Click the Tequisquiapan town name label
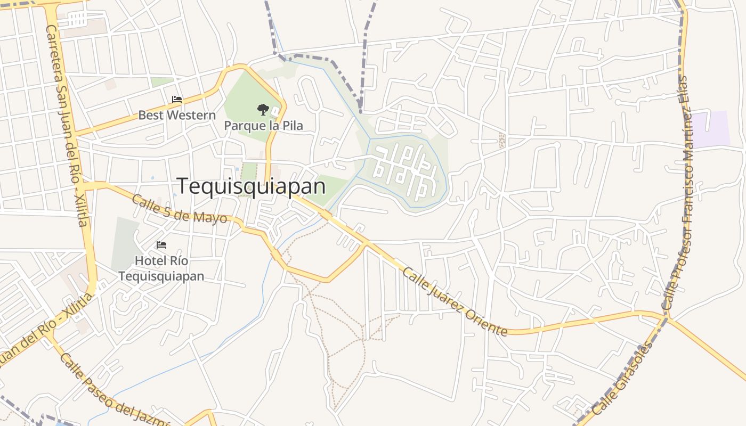tap(251, 186)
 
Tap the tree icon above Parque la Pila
tap(263, 110)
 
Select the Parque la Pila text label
tap(263, 126)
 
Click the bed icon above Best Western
tap(177, 100)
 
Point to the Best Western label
tap(177, 115)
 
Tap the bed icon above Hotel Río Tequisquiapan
tap(161, 245)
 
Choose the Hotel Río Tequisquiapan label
tap(161, 268)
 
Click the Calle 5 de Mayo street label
tap(179, 210)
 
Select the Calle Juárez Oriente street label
tap(454, 301)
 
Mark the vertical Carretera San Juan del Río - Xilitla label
tap(69, 125)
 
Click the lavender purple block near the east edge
tap(711, 129)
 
